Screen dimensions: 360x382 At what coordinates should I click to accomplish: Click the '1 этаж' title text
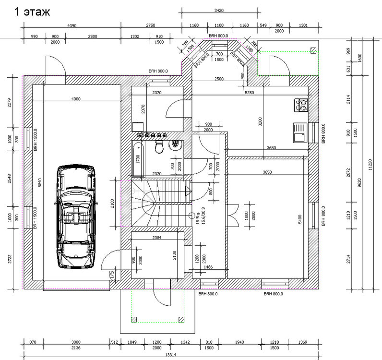[33, 12]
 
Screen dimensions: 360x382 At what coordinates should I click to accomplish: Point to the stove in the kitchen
[303, 105]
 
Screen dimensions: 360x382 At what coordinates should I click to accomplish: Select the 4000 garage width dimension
[76, 99]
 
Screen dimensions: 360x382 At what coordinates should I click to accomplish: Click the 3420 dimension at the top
[218, 10]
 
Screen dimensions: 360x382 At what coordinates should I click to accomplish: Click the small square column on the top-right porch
[313, 50]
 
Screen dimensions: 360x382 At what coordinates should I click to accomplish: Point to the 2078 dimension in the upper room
[143, 109]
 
